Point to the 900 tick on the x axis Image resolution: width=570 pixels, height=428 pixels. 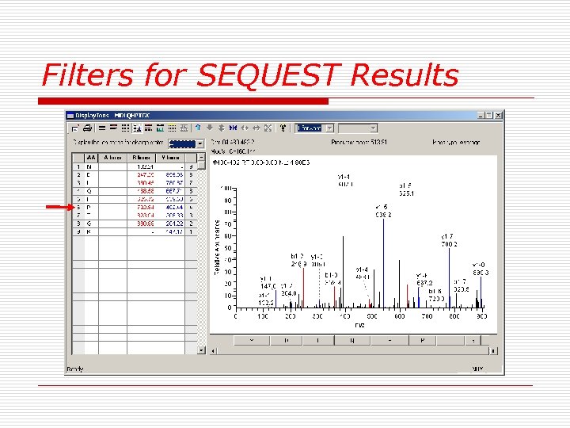pyautogui.click(x=481, y=317)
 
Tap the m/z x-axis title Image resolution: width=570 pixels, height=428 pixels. pyautogui.click(x=359, y=325)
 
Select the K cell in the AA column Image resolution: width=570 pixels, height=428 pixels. pyautogui.click(x=89, y=231)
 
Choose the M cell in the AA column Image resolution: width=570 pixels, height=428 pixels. pyautogui.click(x=89, y=166)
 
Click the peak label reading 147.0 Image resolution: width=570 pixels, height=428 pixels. pyautogui.click(x=269, y=287)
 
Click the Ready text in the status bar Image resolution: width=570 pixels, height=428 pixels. pyautogui.click(x=75, y=369)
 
